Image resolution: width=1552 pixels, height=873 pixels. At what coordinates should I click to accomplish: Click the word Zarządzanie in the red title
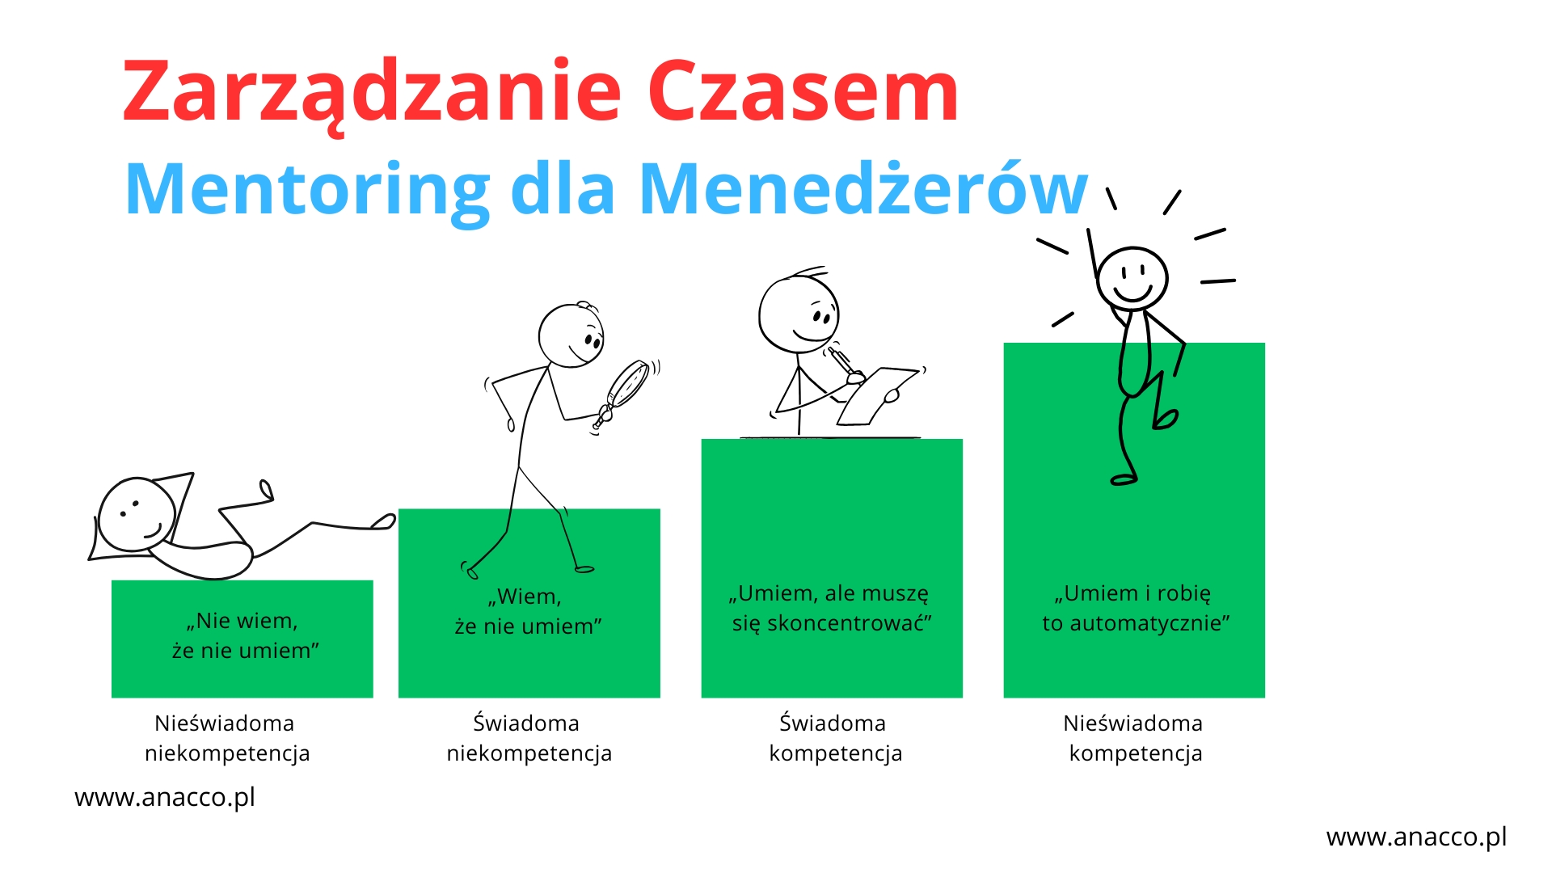click(372, 93)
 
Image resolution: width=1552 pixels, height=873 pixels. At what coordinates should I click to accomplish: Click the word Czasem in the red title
click(803, 91)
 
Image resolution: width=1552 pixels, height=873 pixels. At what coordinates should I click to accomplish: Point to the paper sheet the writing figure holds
click(877, 395)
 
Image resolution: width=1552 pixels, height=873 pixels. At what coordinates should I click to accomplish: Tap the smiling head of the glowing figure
click(1132, 278)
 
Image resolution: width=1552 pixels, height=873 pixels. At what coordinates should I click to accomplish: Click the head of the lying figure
click(136, 515)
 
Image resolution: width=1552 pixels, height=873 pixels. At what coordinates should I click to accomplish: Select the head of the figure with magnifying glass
click(571, 335)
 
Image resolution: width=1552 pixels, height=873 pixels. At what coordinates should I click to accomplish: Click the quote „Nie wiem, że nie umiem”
click(245, 635)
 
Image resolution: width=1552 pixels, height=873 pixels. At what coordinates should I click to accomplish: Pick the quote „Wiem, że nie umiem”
click(528, 611)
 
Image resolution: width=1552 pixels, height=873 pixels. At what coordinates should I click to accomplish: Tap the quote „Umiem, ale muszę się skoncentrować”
click(831, 608)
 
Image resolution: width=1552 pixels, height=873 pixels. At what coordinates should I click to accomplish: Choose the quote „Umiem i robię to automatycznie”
click(1135, 608)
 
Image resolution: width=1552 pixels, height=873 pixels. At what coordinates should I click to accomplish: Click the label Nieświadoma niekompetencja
click(227, 738)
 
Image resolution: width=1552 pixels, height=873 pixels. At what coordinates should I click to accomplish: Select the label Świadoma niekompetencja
click(529, 738)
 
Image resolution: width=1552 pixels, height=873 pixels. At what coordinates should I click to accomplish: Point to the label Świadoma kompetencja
click(835, 738)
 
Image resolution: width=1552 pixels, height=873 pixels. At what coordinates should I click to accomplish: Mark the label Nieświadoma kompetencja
click(1134, 738)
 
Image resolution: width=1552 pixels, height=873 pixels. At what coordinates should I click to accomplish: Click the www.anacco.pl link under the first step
click(165, 798)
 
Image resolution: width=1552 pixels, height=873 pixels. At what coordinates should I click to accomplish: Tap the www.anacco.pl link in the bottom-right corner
click(1416, 837)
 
